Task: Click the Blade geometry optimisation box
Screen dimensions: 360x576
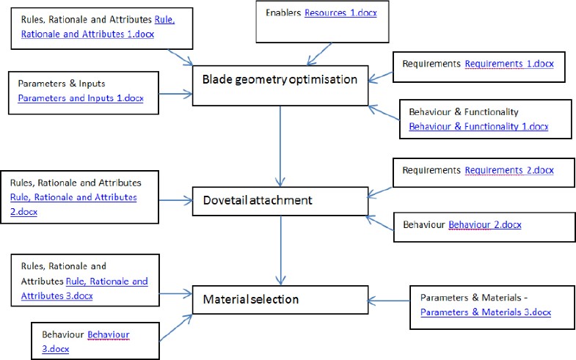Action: click(280, 79)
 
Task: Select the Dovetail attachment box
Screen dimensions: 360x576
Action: click(280, 200)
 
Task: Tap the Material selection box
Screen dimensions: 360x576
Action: click(280, 299)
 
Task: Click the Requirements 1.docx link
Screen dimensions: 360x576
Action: click(508, 65)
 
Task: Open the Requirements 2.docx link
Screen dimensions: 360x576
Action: click(508, 171)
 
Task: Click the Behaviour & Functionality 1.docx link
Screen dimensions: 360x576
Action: click(478, 125)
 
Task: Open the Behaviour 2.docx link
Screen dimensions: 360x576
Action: click(485, 224)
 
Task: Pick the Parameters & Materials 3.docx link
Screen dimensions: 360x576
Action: click(486, 312)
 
